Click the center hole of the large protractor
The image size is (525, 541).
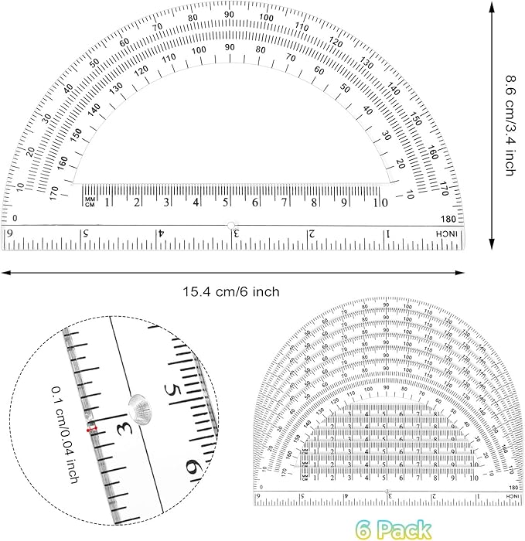(x=230, y=225)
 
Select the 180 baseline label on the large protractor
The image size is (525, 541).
(x=449, y=219)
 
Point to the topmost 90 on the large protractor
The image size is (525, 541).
(x=229, y=15)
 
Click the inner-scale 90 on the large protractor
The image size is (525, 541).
(x=229, y=48)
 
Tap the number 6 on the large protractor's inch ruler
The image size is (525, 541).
(x=10, y=233)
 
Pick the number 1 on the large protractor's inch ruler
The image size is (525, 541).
(x=387, y=233)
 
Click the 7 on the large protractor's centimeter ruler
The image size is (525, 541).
(x=285, y=202)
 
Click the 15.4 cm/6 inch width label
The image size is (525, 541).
(x=230, y=291)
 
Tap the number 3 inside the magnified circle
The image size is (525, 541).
(x=121, y=427)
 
